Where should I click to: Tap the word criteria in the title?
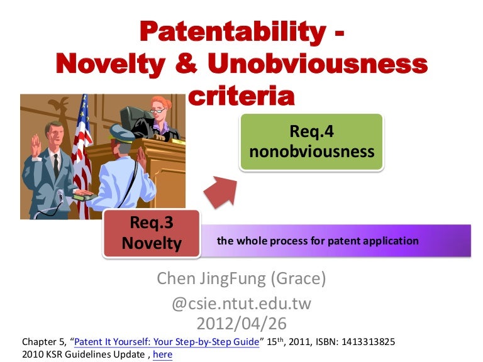(x=241, y=96)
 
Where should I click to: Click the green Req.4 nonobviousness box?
(x=312, y=142)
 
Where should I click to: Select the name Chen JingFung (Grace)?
(x=241, y=277)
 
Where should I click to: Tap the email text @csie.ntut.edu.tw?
(x=241, y=305)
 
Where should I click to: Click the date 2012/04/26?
(x=241, y=324)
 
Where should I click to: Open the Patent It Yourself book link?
(x=167, y=343)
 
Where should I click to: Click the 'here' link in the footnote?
(x=162, y=355)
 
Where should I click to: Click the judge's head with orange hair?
(x=158, y=106)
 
